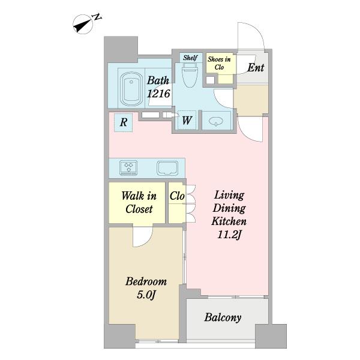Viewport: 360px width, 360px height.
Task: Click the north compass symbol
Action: click(83, 24)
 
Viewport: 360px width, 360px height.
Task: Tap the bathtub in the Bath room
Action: click(131, 89)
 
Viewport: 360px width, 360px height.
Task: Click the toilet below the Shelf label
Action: click(190, 75)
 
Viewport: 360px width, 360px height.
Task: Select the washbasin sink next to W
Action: click(216, 121)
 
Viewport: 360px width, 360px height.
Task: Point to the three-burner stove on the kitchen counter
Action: click(128, 168)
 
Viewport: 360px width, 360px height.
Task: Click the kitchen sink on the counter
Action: click(167, 168)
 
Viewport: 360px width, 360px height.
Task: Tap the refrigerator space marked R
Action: click(123, 122)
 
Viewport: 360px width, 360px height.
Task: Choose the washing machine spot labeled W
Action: click(187, 121)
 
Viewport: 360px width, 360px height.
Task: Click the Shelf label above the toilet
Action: click(190, 58)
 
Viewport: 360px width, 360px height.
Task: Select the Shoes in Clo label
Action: click(219, 63)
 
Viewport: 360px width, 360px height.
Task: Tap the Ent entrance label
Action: click(256, 67)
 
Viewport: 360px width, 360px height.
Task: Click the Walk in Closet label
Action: click(139, 202)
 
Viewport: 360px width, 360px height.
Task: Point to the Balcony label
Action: click(223, 317)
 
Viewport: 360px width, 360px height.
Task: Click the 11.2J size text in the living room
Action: click(229, 235)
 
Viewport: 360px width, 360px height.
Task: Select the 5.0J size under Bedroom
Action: click(146, 295)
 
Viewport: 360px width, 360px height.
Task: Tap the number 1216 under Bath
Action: click(158, 94)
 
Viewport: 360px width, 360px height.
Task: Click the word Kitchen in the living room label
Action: click(229, 221)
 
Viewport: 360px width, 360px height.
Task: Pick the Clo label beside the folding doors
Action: click(177, 196)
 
